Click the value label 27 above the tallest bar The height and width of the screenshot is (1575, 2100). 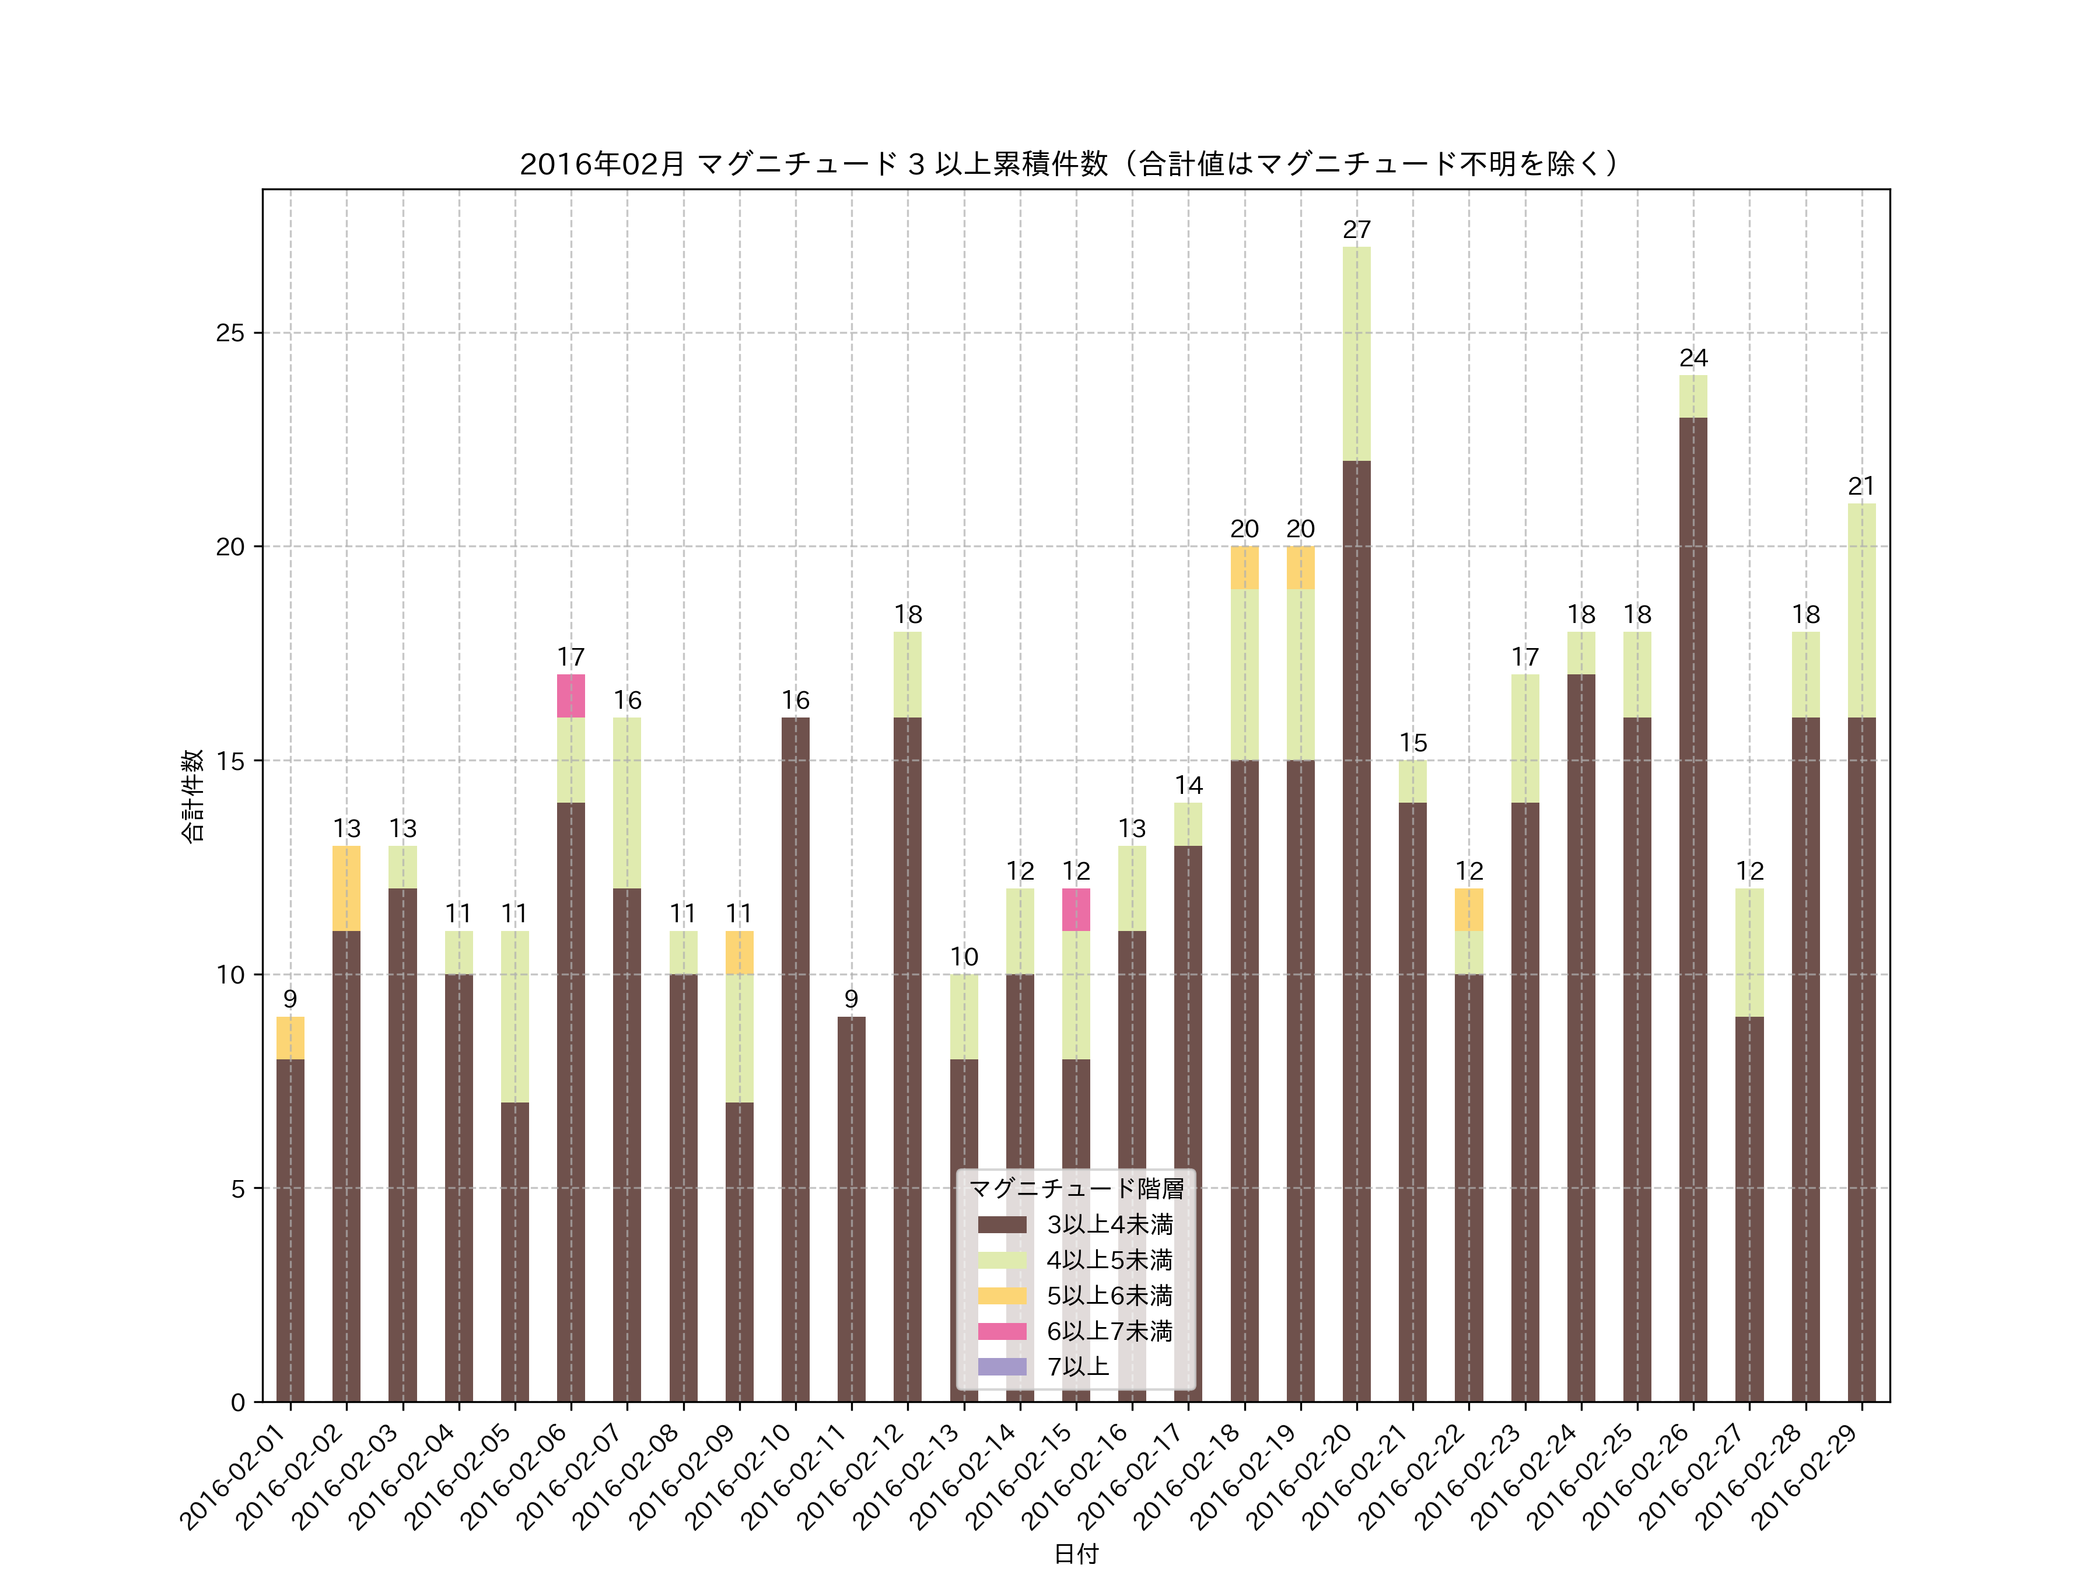click(1357, 230)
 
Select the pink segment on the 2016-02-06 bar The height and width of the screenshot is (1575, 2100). click(570, 696)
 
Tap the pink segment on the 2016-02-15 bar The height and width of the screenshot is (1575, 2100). click(1076, 909)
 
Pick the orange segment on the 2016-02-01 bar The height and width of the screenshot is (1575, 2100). click(290, 1038)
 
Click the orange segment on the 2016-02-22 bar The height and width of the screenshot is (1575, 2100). click(1469, 909)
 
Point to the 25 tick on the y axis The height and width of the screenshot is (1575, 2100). click(230, 333)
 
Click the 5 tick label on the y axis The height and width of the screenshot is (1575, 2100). click(237, 1189)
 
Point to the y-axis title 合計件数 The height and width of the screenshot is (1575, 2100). click(192, 796)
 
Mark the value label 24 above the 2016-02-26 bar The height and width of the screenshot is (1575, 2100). click(1693, 358)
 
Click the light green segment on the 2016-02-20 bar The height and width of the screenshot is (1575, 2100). click(1357, 354)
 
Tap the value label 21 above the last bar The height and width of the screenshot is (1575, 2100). click(1861, 486)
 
